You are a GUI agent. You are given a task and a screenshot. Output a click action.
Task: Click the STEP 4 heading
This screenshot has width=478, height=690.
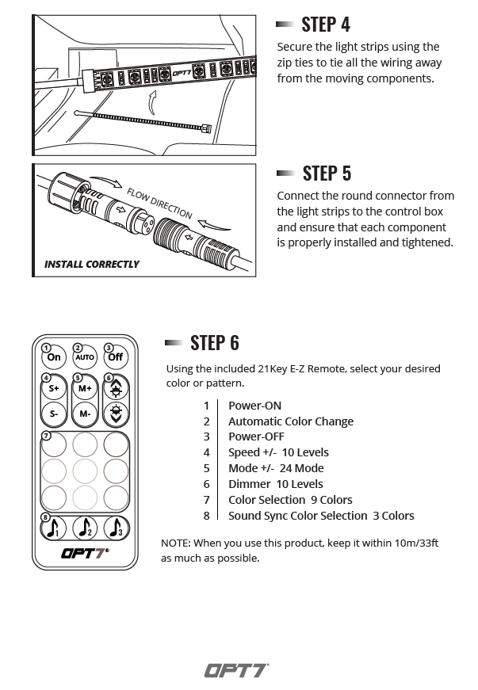pos(325,24)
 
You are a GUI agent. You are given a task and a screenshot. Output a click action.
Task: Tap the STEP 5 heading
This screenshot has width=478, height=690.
pos(326,173)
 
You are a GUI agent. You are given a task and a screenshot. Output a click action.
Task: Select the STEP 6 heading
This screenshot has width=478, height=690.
pos(214,342)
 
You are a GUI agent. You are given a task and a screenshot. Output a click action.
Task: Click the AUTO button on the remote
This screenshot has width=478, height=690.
pos(85,357)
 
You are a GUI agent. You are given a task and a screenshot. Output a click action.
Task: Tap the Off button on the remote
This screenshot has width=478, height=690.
pos(116,357)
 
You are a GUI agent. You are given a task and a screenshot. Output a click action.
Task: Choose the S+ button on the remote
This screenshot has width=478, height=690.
pos(54,389)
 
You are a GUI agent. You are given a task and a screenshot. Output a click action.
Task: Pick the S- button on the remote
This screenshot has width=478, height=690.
pos(54,414)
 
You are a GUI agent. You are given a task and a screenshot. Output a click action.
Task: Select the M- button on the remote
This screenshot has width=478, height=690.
pos(85,414)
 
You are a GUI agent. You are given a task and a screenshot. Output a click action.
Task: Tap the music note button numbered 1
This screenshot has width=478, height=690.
pos(54,528)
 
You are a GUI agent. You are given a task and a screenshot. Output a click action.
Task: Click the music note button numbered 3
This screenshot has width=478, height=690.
pos(116,528)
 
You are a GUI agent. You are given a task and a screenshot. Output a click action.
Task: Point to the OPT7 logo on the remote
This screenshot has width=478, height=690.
pos(85,553)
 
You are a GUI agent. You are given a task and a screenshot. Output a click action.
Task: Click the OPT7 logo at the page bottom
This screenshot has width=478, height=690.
pos(237,670)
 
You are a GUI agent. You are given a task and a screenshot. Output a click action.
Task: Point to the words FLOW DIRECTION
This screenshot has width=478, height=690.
pos(159,203)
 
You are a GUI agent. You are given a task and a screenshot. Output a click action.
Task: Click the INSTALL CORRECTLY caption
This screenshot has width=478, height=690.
pos(91,265)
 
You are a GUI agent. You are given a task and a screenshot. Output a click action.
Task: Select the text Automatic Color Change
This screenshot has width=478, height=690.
pos(290,421)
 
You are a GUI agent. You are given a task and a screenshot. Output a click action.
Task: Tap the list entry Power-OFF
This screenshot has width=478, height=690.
pos(256,436)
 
